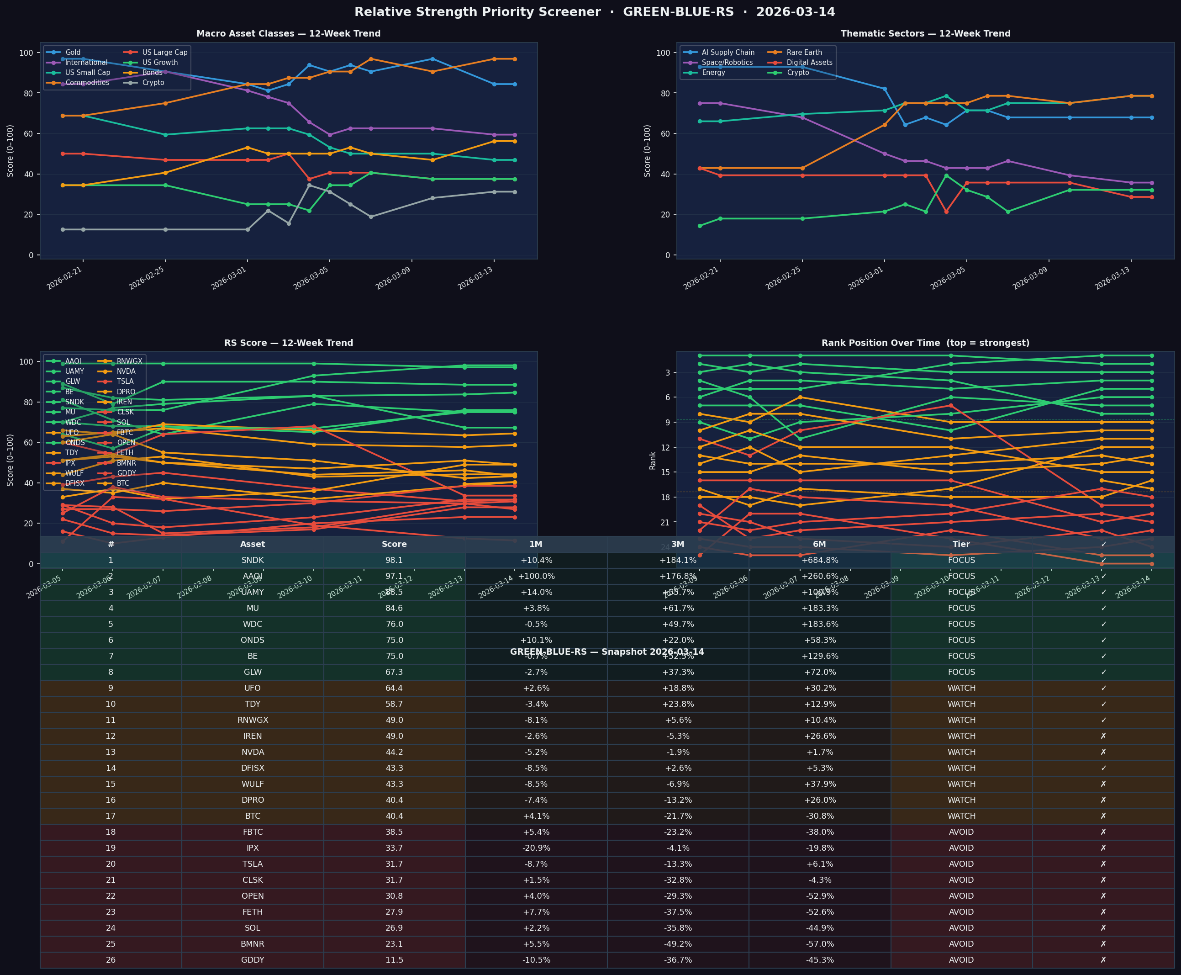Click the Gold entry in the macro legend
click(x=73, y=52)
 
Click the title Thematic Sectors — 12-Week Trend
click(x=925, y=34)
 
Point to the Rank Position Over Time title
click(x=925, y=343)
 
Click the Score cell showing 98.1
click(x=394, y=560)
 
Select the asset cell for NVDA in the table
click(x=253, y=752)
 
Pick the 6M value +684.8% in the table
click(x=819, y=560)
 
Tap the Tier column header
click(x=961, y=544)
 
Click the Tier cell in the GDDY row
click(x=961, y=960)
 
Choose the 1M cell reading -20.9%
click(x=536, y=848)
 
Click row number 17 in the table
click(x=111, y=816)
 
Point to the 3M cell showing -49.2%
click(x=678, y=944)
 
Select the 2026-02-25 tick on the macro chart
click(x=147, y=278)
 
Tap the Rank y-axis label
click(x=653, y=461)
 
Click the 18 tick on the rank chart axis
click(x=664, y=498)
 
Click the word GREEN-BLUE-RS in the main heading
click(x=678, y=12)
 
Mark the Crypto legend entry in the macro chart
click(x=153, y=83)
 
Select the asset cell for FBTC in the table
click(x=253, y=832)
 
